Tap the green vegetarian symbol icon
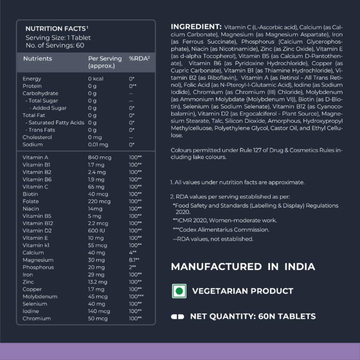pos(179,291)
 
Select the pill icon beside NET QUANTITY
pos(178,316)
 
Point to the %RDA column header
pos(139,59)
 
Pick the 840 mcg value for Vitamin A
pos(98,157)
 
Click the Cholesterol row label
pos(36,137)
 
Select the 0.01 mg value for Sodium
pos(98,144)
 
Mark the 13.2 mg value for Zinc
pos(98,282)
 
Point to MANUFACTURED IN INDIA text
pos(243,266)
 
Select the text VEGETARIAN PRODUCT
pos(243,291)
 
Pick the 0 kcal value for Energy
pos(96,79)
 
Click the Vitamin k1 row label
pos(36,245)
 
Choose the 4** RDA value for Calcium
pos(133,252)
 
